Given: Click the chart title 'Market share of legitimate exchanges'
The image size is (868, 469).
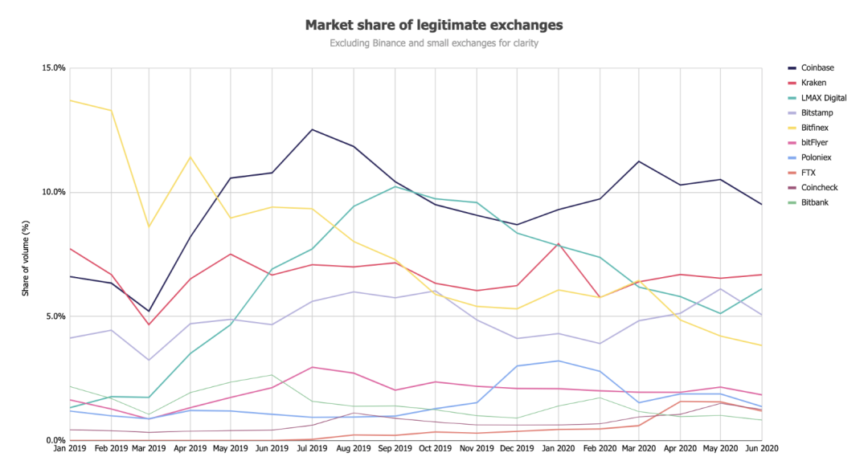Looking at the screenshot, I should coord(434,25).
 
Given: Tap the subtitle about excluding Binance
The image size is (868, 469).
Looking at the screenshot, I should coord(434,43).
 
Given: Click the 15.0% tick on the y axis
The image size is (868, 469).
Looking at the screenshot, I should coord(54,67).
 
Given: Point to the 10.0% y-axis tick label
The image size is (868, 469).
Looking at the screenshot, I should coord(54,192).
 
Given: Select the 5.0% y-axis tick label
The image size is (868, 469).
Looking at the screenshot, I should coord(55,316).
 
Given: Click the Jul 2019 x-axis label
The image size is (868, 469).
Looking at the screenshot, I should coord(311,448).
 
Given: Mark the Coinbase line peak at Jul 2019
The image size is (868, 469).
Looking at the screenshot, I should coord(311,129).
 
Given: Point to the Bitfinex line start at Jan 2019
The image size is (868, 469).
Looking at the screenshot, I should coord(71,100).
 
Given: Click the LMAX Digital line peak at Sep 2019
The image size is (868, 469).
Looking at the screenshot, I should coord(394,186).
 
